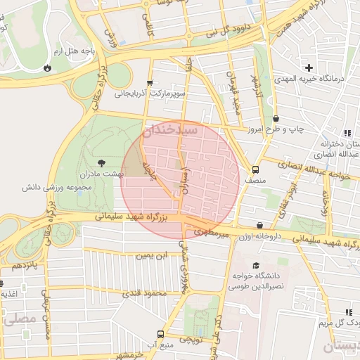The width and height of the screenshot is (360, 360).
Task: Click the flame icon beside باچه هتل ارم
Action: pyautogui.click(x=47, y=68)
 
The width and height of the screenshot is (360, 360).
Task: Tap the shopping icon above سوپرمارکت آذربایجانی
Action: pyautogui.click(x=150, y=83)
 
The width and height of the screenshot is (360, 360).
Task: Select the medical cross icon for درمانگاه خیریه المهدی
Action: pyautogui.click(x=308, y=67)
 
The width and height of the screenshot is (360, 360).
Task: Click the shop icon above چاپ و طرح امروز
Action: pyautogui.click(x=275, y=118)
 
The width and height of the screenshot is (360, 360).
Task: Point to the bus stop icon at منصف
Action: pyautogui.click(x=255, y=169)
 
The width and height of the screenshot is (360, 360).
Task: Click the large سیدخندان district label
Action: pyautogui.click(x=170, y=131)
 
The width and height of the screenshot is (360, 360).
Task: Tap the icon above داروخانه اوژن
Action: pyautogui.click(x=260, y=226)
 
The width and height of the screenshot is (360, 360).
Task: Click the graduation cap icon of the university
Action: pyautogui.click(x=256, y=265)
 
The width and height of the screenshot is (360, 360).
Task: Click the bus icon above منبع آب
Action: pyautogui.click(x=161, y=334)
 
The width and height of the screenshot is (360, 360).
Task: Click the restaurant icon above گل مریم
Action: pyautogui.click(x=348, y=311)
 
